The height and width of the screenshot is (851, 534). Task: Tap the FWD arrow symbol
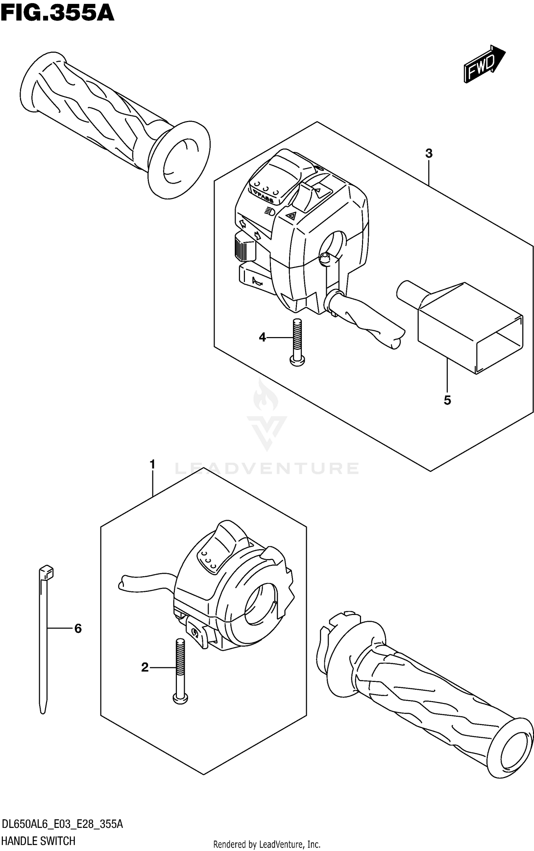point(484,64)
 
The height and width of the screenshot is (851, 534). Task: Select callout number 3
point(429,154)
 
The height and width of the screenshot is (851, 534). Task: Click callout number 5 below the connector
point(447,400)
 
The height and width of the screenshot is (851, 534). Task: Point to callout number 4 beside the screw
point(262,337)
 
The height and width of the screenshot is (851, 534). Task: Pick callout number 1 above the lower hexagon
point(153,464)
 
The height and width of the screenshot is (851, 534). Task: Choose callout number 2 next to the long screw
point(145,667)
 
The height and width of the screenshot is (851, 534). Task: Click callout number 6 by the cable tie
point(78,629)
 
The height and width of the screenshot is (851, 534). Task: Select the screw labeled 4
point(297,342)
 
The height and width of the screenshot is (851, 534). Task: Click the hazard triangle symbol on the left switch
point(292,215)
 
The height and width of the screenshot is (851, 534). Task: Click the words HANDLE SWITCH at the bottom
point(38,841)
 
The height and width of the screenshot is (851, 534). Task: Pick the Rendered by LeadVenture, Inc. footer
point(267,844)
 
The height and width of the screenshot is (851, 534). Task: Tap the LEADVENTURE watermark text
point(267,468)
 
